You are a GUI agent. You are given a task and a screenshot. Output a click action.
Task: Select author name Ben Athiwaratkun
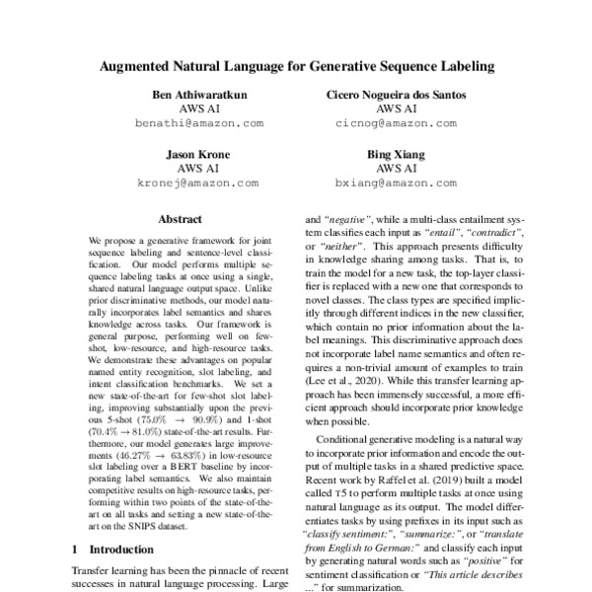point(199,95)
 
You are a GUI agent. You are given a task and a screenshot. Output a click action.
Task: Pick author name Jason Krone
point(199,155)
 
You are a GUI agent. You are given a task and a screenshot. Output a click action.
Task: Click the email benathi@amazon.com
point(199,124)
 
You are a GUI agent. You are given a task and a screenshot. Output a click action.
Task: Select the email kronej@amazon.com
point(199,184)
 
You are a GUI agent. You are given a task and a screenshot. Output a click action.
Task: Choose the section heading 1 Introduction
point(109,548)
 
